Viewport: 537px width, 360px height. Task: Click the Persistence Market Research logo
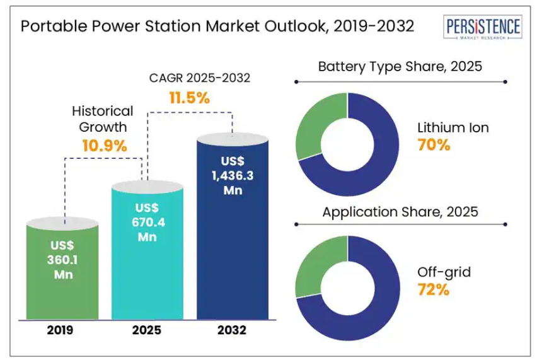pos(483,28)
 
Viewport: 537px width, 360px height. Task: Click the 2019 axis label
pos(62,330)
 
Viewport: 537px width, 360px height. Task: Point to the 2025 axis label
pos(147,330)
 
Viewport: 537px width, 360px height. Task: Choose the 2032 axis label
pos(233,330)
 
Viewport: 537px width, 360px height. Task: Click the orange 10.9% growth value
pos(105,146)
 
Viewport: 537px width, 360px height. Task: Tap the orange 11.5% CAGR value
pos(189,98)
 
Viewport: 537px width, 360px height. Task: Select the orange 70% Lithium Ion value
pos(434,145)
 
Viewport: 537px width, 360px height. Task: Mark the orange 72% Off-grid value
pos(434,290)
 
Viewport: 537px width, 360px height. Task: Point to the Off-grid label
pos(444,272)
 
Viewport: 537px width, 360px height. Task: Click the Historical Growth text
pos(103,119)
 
